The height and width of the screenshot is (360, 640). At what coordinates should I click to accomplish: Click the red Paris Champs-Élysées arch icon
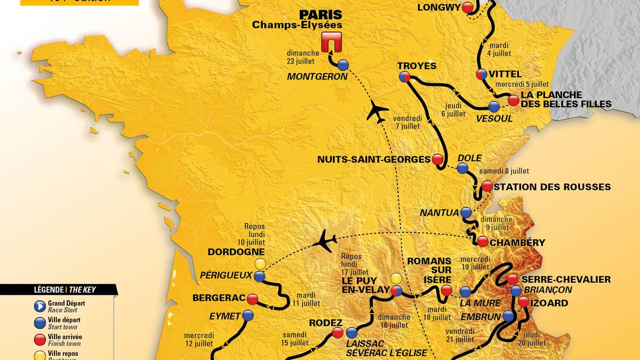[331, 42]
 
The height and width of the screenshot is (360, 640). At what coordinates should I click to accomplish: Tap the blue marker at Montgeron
[343, 65]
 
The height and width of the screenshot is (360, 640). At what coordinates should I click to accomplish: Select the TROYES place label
[417, 66]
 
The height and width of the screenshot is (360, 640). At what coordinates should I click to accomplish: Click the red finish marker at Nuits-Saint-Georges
[438, 159]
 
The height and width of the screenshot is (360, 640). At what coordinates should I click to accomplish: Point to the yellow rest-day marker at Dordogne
[260, 263]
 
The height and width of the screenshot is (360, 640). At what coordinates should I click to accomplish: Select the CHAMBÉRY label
[518, 243]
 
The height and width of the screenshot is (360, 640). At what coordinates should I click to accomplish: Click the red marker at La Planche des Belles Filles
[513, 100]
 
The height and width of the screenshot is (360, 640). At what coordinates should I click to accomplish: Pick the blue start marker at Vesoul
[494, 106]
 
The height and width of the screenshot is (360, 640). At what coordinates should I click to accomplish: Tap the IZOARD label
[551, 303]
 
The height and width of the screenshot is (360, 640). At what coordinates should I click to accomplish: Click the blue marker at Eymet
[247, 315]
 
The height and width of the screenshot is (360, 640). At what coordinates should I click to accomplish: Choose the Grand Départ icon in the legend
[39, 306]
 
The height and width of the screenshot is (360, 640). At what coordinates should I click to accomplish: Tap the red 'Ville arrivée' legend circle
[39, 340]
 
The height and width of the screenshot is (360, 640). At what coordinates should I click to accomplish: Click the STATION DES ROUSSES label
[551, 187]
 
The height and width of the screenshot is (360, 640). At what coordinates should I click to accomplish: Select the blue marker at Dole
[462, 169]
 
